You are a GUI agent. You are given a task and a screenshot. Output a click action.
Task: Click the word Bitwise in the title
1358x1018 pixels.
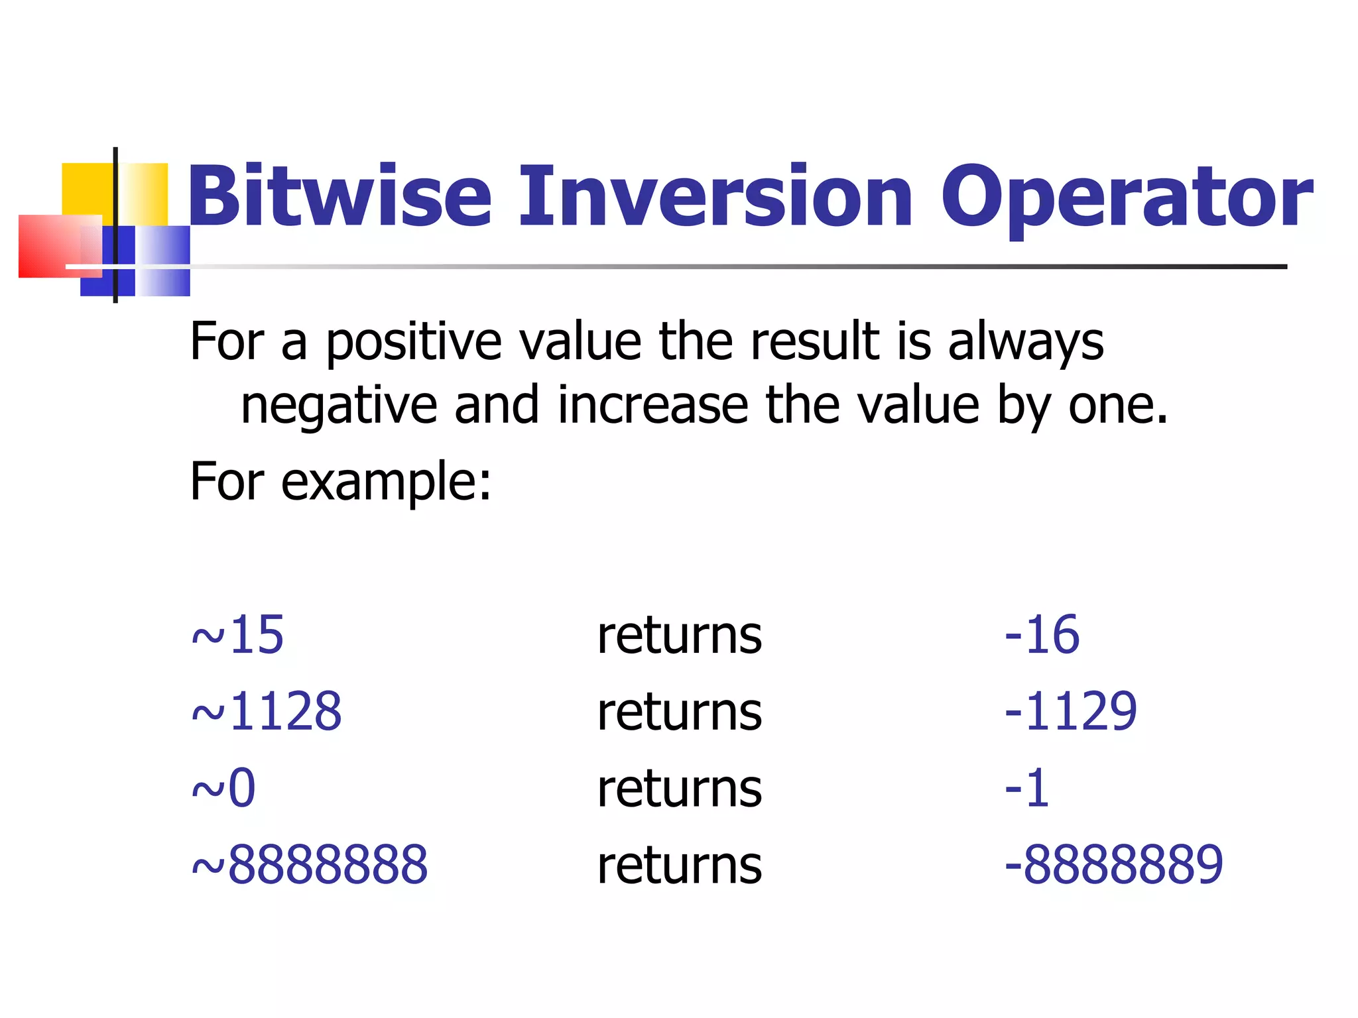(x=339, y=197)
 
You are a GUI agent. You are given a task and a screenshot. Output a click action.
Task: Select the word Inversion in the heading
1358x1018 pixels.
(x=716, y=197)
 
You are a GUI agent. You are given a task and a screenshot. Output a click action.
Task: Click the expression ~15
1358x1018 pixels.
(x=237, y=635)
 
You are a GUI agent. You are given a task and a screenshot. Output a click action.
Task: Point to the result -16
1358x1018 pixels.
(x=1042, y=635)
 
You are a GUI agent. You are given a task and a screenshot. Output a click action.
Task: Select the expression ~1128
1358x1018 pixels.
(x=267, y=712)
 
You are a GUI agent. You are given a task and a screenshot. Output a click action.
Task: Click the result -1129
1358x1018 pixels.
(x=1070, y=712)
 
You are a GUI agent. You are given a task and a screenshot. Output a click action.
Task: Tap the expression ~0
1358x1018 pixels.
(x=223, y=789)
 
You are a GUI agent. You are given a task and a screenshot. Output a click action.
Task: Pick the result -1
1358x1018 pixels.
(x=1026, y=789)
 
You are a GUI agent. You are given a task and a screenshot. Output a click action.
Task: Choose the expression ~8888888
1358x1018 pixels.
(x=310, y=866)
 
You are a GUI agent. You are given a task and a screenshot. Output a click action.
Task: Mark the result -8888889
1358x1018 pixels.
(x=1113, y=866)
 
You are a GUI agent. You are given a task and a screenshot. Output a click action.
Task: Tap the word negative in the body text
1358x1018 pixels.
(x=339, y=406)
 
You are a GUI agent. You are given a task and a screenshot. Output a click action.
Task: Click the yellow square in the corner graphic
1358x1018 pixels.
(x=88, y=189)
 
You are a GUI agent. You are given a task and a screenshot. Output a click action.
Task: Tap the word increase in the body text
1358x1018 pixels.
(x=653, y=405)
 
